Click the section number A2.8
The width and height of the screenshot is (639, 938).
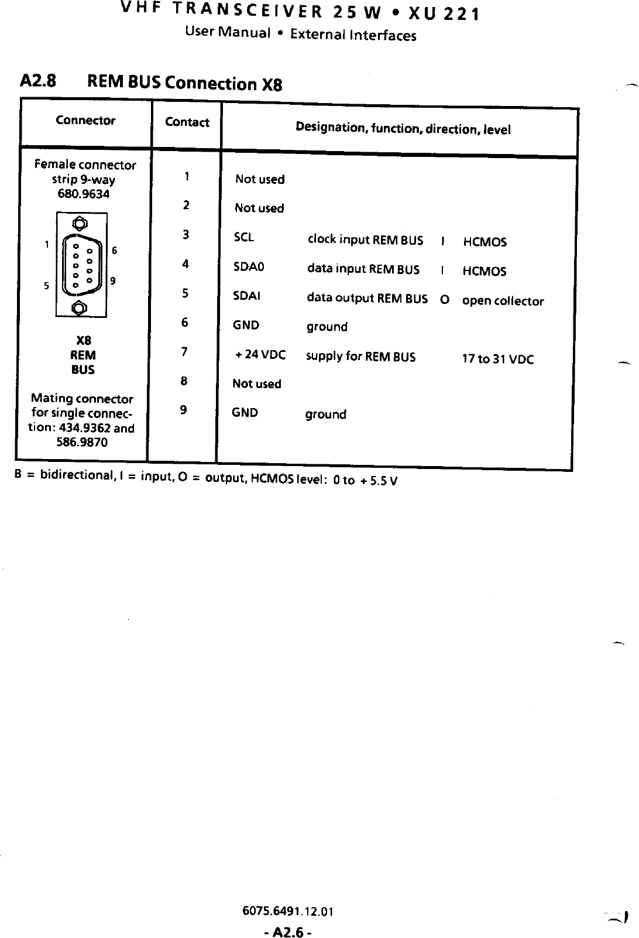point(38,80)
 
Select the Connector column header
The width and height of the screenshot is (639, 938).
point(85,120)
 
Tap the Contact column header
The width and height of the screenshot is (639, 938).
point(187,122)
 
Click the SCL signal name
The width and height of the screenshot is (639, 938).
point(243,238)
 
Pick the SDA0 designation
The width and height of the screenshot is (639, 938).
point(249,267)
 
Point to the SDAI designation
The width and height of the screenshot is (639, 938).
point(246,296)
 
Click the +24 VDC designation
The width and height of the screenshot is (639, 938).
point(260,355)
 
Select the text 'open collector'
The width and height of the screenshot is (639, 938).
point(503,301)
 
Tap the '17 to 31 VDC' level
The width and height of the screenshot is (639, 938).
point(497,359)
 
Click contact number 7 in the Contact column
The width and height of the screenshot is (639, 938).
point(184,351)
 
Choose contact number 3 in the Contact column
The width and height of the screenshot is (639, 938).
point(185,235)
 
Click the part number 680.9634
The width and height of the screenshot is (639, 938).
point(83,194)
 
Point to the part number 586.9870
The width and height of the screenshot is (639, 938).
point(82,442)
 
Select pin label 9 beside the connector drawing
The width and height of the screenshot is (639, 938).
point(113,280)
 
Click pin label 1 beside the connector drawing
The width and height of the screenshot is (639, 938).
point(47,245)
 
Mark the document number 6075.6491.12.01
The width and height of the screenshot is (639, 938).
point(287,912)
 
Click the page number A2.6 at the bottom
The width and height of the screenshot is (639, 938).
point(287,931)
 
